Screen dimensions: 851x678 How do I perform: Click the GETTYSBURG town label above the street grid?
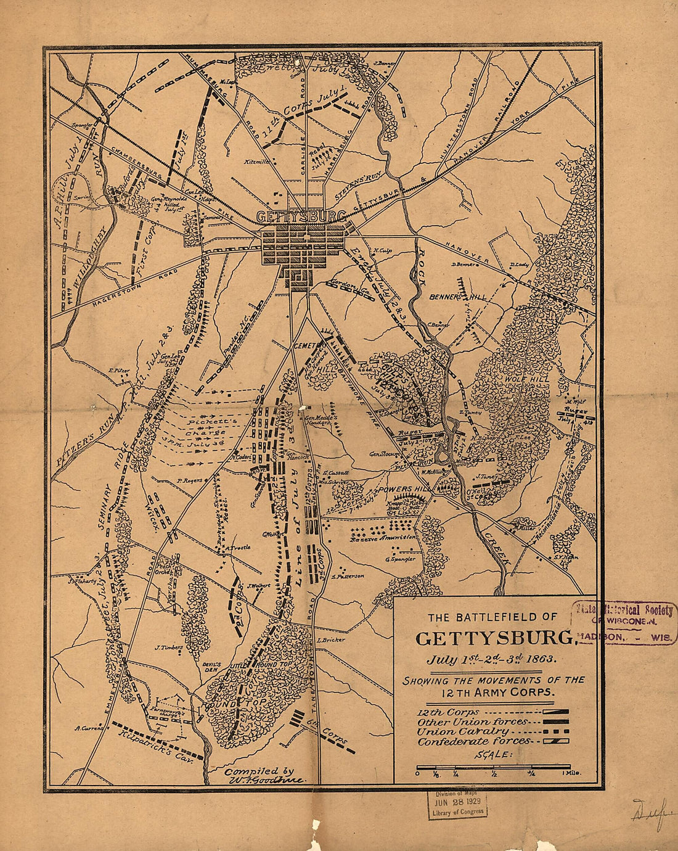point(300,217)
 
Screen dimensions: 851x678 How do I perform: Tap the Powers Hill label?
point(402,489)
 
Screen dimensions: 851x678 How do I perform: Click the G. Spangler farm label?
point(400,560)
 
